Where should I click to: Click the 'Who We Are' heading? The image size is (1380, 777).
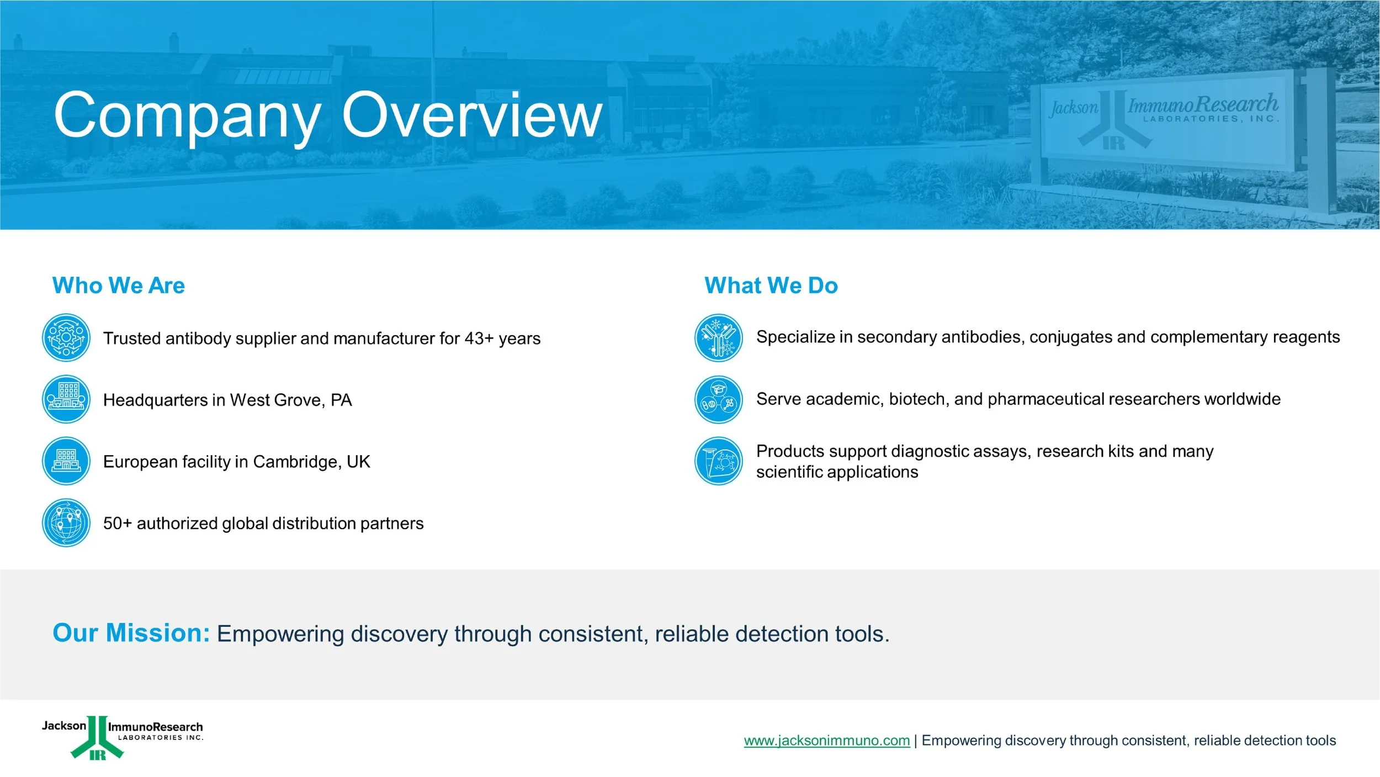coord(119,286)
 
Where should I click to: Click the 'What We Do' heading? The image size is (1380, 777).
coord(771,286)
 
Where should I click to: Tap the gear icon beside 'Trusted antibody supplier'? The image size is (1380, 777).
coord(66,337)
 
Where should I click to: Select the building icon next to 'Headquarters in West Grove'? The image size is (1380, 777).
coord(66,399)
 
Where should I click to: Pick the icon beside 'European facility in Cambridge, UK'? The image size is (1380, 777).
coord(66,461)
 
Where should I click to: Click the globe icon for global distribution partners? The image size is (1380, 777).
coord(66,523)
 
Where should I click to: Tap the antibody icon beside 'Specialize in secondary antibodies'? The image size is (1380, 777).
coord(719,337)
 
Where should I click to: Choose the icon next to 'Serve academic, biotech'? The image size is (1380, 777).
coord(719,399)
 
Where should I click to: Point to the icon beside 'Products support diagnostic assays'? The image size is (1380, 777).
coord(719,461)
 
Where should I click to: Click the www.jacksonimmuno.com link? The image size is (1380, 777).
coord(827,741)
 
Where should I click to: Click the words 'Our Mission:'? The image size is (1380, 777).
coord(131,633)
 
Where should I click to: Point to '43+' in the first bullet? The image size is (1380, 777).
coord(479,338)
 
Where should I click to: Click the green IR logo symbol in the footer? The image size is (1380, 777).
coord(97,738)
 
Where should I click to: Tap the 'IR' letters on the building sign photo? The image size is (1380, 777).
coord(1114,144)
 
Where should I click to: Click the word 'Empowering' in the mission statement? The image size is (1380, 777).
coord(280,635)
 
